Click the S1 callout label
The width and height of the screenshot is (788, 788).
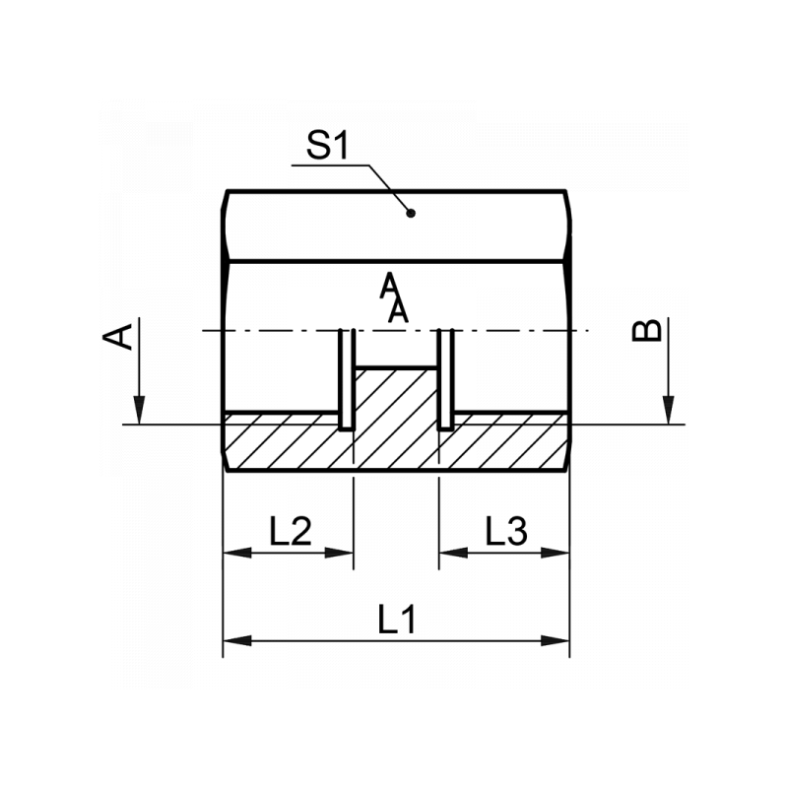327,146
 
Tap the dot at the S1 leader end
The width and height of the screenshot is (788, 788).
411,213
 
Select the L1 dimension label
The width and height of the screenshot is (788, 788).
397,620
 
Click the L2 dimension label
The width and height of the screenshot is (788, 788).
291,531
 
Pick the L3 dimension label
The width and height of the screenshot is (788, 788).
506,531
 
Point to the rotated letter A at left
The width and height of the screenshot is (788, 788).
117,337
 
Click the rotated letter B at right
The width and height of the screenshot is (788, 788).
647,331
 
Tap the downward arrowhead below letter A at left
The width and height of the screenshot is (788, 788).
139,410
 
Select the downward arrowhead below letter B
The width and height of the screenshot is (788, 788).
669,410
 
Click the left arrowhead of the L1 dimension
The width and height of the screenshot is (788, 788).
237,641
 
